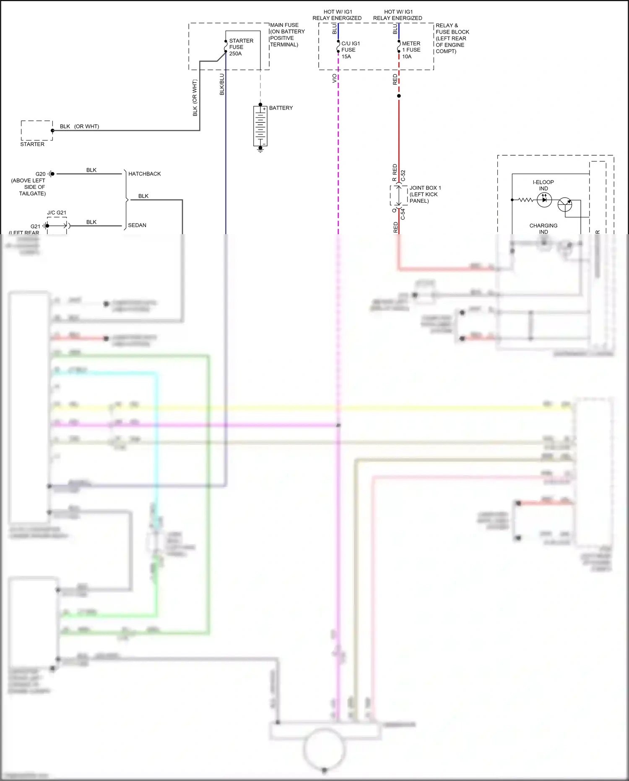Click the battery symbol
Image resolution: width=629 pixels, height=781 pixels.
[x=260, y=126]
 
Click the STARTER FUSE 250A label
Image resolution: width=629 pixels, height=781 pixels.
[x=241, y=47]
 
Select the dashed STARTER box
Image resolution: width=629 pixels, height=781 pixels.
[x=37, y=131]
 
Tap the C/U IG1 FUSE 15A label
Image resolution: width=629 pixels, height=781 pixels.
[x=350, y=50]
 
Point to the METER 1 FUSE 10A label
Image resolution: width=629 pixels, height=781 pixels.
[x=411, y=50]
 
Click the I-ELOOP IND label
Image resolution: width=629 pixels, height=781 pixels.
[x=543, y=185]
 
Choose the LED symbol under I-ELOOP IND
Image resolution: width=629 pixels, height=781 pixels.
[x=544, y=200]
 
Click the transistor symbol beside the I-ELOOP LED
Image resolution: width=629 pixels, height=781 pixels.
[x=565, y=205]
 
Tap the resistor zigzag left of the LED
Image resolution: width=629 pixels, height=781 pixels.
[x=526, y=200]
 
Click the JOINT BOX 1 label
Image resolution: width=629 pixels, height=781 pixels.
[x=425, y=194]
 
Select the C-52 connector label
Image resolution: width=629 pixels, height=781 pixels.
[x=403, y=175]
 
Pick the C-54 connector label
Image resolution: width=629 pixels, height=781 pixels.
[x=403, y=214]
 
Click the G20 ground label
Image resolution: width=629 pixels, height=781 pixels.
[x=40, y=174]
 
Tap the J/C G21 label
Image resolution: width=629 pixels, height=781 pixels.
[x=57, y=213]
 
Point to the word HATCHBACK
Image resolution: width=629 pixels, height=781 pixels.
[x=144, y=174]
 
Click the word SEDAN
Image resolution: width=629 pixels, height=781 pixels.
[x=137, y=225]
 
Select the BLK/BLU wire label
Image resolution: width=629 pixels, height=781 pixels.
[x=222, y=84]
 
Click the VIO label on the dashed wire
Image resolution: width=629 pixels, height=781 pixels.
[x=335, y=78]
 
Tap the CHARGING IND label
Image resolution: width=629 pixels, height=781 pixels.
[x=543, y=228]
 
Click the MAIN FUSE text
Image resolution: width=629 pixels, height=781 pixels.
[x=284, y=25]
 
